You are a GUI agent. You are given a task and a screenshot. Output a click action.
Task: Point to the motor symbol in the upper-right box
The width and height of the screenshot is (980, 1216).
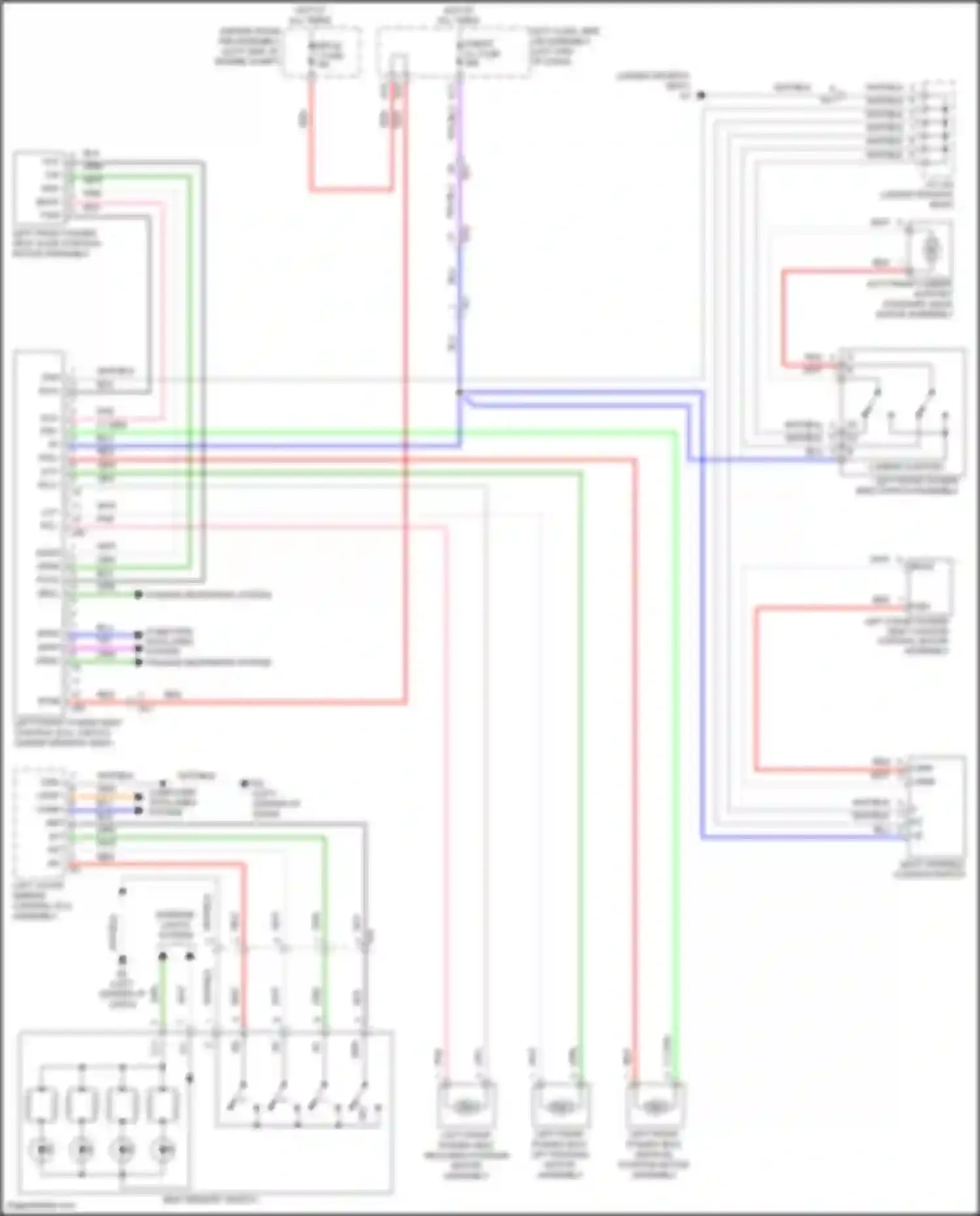(932, 248)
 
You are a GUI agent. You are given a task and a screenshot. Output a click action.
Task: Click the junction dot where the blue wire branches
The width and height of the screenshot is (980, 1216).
(460, 393)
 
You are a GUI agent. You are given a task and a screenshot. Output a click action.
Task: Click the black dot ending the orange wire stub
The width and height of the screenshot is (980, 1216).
(139, 797)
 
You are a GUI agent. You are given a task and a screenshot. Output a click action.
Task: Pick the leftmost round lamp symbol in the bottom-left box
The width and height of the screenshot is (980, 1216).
(42, 1149)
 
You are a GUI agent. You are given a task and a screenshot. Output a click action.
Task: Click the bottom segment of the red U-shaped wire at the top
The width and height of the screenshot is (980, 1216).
(351, 190)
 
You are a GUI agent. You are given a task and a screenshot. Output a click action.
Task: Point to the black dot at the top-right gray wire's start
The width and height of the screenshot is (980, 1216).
(700, 95)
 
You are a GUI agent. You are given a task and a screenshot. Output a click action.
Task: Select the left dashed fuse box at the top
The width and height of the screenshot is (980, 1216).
(322, 52)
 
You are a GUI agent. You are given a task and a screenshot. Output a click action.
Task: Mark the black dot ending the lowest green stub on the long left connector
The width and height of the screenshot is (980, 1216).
(139, 662)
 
